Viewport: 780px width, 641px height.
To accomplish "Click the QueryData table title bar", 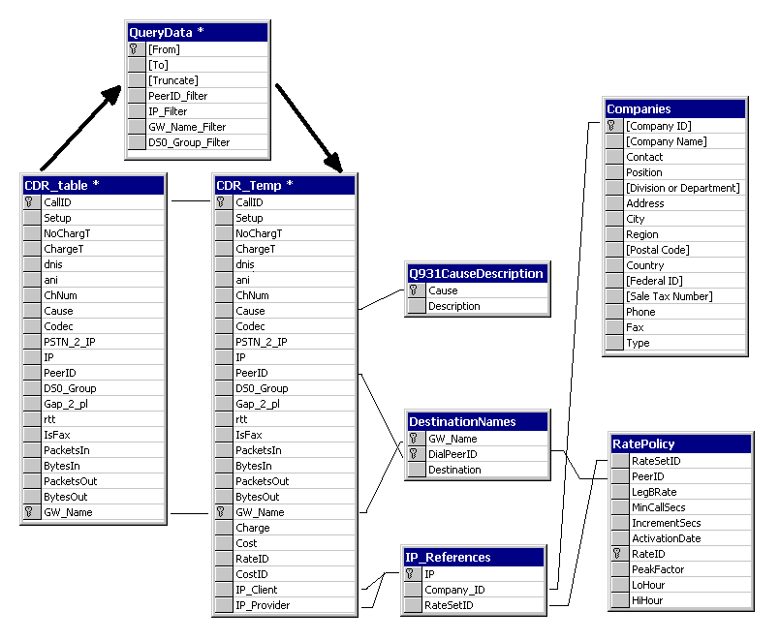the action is (x=198, y=32).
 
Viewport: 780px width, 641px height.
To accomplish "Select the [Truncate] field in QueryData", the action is (x=173, y=80).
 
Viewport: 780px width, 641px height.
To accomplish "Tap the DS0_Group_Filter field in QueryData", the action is (x=189, y=142).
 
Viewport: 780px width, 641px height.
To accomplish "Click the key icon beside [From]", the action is (x=134, y=49).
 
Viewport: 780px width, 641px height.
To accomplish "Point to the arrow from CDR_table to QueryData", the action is (x=80, y=128).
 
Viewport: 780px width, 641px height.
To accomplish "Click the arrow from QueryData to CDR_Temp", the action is (x=309, y=129).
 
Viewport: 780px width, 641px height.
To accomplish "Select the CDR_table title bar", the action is (x=94, y=186).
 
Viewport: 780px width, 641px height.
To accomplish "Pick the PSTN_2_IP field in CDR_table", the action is (x=70, y=342).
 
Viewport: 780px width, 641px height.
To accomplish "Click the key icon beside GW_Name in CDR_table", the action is (x=29, y=511).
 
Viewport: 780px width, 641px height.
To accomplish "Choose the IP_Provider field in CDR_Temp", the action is (x=263, y=605).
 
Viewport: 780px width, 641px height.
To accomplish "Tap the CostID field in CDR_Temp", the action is (x=252, y=574).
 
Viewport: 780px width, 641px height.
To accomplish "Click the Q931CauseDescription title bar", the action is (x=477, y=273).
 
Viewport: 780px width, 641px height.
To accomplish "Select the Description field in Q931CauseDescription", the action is (x=454, y=306).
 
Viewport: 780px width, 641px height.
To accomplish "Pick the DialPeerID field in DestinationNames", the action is (x=452, y=454).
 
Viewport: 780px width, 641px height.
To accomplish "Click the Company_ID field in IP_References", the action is (x=454, y=590).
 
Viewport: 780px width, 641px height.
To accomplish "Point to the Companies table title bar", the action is (x=675, y=108).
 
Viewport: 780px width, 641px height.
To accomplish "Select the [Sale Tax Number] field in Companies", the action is (x=670, y=296).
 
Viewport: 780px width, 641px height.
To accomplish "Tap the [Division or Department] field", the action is (x=683, y=188).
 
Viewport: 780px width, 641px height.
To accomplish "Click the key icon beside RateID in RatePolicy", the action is (x=617, y=554).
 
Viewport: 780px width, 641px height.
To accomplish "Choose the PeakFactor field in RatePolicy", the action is (x=658, y=569).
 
